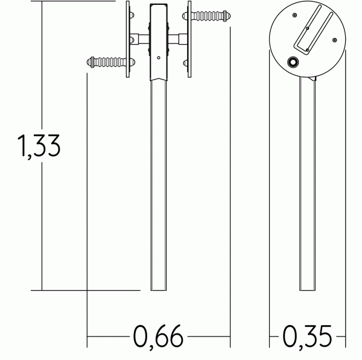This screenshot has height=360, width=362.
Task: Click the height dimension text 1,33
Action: pos(39,147)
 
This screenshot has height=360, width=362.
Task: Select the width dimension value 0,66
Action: pos(158,337)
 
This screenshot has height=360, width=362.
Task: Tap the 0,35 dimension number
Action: pos(307,337)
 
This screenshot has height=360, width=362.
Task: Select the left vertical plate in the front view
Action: pos(128,39)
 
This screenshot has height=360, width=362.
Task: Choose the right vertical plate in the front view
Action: pos(189,39)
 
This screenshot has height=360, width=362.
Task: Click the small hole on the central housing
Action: pos(159,58)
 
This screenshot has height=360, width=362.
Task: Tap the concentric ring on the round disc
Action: pos(293,62)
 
